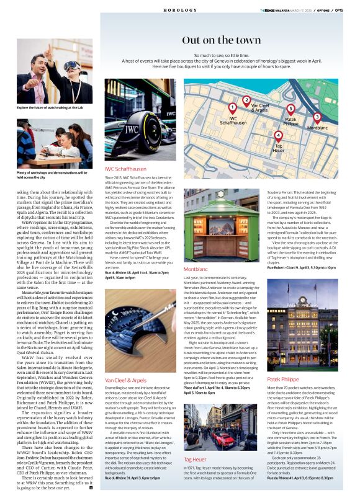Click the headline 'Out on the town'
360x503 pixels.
click(x=221, y=40)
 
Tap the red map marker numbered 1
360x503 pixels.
click(x=232, y=107)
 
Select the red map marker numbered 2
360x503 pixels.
click(x=246, y=99)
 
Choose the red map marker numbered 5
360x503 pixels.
click(x=290, y=109)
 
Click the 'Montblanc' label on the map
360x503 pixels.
click(x=317, y=127)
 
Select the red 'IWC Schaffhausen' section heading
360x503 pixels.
click(x=125, y=169)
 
